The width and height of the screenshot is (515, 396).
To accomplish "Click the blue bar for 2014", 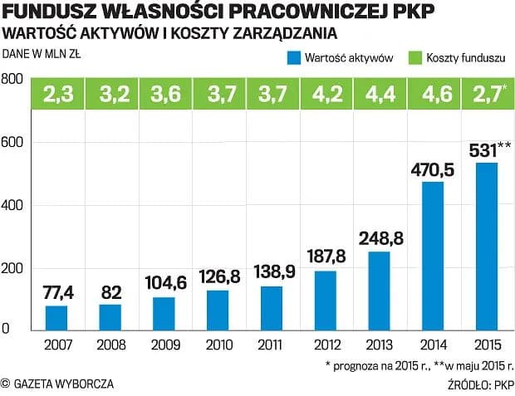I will click(x=433, y=256).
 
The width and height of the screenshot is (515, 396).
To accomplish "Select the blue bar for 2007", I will click(x=56, y=318).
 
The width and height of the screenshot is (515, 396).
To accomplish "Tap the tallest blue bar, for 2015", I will click(x=486, y=246).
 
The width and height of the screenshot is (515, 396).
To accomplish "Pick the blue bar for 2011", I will click(x=271, y=308).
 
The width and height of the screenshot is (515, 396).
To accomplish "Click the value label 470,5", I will click(x=433, y=170).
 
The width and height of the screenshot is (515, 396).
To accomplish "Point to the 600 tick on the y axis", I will click(x=12, y=143).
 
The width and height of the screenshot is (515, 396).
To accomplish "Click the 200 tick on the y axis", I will click(x=12, y=268).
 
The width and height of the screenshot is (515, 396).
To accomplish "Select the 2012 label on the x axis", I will click(x=325, y=345).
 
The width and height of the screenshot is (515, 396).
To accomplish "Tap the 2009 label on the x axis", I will click(x=164, y=345).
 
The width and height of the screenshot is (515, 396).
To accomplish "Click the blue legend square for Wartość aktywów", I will click(x=293, y=58).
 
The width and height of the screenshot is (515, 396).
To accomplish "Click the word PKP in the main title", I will click(x=414, y=12).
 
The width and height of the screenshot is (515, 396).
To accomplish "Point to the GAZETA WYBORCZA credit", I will click(x=58, y=384).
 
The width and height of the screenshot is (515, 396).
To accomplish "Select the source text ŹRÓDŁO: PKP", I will click(x=482, y=384).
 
